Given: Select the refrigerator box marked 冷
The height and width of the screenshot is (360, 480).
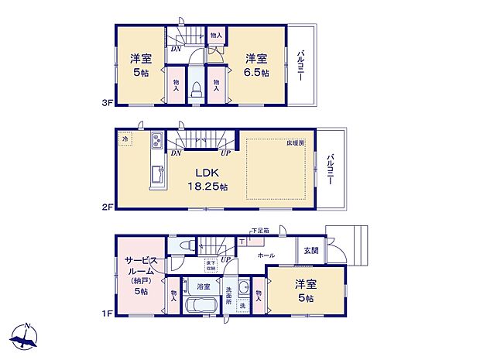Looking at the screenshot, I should click(x=125, y=140).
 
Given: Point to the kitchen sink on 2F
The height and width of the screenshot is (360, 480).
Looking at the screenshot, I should click(x=155, y=177).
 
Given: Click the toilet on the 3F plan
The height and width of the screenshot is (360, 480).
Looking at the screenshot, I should click(x=196, y=88).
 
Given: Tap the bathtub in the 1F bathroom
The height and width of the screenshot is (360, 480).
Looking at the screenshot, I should click(x=202, y=304).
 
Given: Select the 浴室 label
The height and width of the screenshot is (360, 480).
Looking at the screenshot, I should click(x=204, y=286).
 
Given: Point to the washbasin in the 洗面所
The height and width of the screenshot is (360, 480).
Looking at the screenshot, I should click(x=245, y=289).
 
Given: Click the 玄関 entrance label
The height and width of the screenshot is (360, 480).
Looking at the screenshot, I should click(x=310, y=251).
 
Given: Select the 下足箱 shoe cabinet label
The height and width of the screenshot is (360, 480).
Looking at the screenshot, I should click(x=260, y=231).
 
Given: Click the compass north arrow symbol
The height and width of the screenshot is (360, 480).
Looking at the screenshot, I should click(x=25, y=338).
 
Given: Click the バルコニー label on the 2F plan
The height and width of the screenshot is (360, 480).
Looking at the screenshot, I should click(x=331, y=169).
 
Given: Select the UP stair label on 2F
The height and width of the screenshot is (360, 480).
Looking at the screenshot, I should click(x=225, y=153).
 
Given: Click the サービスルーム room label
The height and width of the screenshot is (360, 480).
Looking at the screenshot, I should click(x=140, y=268).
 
